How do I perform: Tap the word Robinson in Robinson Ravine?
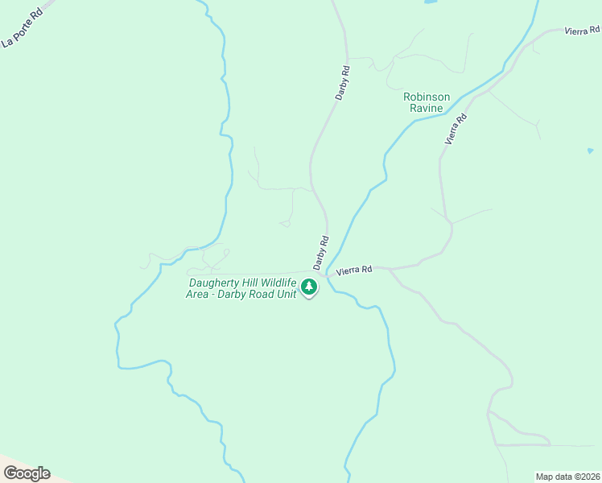pyautogui.click(x=427, y=97)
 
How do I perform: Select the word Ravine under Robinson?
pyautogui.click(x=427, y=109)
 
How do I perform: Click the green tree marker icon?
pyautogui.click(x=308, y=287)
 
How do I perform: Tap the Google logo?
pyautogui.click(x=27, y=473)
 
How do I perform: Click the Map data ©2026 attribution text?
pyautogui.click(x=567, y=477)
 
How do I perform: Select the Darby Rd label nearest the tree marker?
pyautogui.click(x=322, y=252)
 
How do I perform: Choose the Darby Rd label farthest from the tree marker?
pyautogui.click(x=343, y=82)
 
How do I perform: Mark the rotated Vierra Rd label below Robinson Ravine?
pyautogui.click(x=456, y=129)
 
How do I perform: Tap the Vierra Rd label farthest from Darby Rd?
pyautogui.click(x=583, y=30)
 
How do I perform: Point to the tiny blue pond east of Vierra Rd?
pyautogui.click(x=590, y=151)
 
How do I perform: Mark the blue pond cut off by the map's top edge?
pyautogui.click(x=430, y=2)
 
